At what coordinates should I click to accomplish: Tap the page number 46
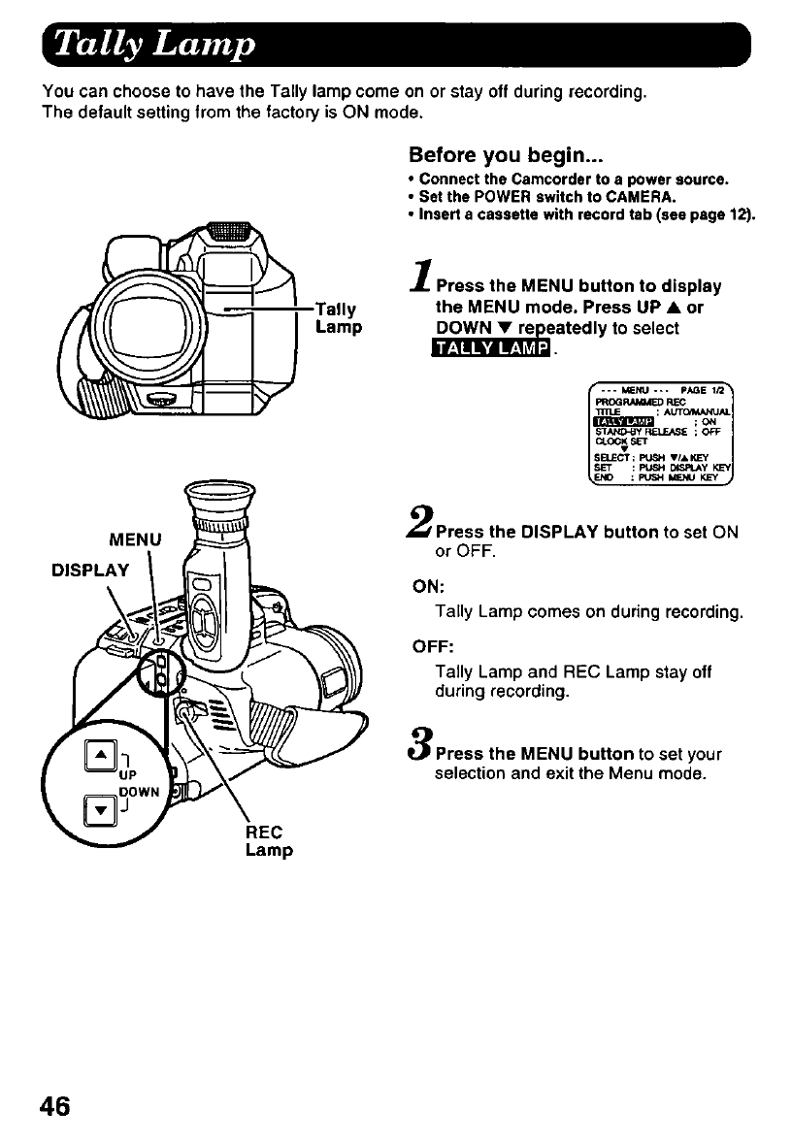[56, 1106]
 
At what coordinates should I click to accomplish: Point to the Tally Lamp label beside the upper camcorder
[338, 318]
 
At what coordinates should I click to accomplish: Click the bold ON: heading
[428, 585]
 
